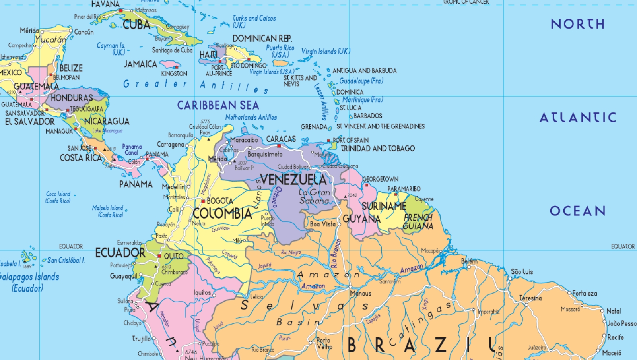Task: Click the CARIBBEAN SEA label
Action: coord(218,105)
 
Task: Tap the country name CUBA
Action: coord(136,25)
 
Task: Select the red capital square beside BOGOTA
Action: coord(203,201)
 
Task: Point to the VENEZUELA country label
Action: coord(293,180)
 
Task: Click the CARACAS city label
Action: coord(281,139)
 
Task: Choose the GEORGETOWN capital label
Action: coord(380,179)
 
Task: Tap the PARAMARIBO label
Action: coord(404,189)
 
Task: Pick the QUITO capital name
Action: coord(174,256)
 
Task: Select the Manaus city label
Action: coord(361,294)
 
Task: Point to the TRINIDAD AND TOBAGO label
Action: coord(378,149)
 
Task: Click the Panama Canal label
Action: coord(132,149)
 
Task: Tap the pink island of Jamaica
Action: coord(170,64)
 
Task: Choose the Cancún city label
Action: coord(84,32)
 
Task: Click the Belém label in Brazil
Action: coord(469,261)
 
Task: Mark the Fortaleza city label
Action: coord(585,294)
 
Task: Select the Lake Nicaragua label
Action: coord(107,131)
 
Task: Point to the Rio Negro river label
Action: coord(291,252)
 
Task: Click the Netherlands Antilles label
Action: coord(251,118)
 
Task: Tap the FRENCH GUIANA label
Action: coord(418,222)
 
